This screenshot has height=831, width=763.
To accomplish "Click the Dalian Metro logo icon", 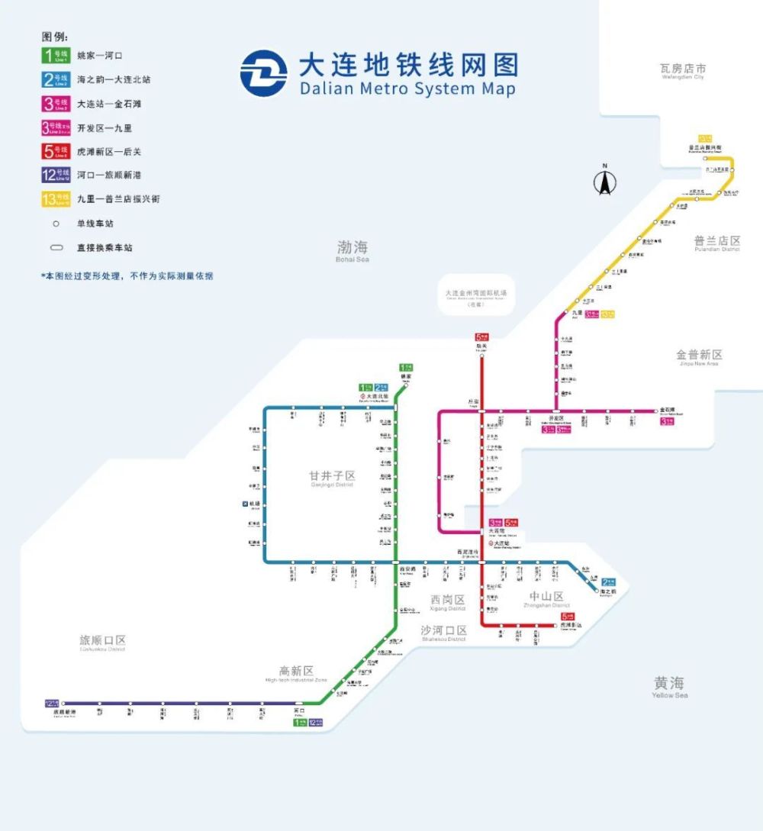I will pyautogui.click(x=264, y=73).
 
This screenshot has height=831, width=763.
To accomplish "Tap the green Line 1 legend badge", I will pyautogui.click(x=56, y=56).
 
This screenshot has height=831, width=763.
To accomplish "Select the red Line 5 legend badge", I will pyautogui.click(x=56, y=151).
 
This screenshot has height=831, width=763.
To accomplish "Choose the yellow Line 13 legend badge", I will pyautogui.click(x=56, y=198).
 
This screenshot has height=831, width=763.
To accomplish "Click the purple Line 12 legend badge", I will pyautogui.click(x=56, y=175).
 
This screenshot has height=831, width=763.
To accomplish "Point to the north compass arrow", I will pyautogui.click(x=605, y=182).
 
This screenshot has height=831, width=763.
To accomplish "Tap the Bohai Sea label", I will pyautogui.click(x=352, y=250).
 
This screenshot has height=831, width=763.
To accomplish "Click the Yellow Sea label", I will pyautogui.click(x=669, y=686).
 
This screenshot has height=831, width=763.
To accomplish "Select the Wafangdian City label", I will pyautogui.click(x=683, y=72).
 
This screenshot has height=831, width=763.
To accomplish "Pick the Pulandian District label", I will pyautogui.click(x=716, y=243).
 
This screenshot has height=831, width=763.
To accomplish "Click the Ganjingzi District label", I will pyautogui.click(x=332, y=478).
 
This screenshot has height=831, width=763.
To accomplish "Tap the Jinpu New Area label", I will pyautogui.click(x=699, y=357).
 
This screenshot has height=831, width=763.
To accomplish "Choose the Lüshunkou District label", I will pyautogui.click(x=102, y=643).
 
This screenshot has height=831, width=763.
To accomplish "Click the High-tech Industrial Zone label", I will pyautogui.click(x=296, y=674).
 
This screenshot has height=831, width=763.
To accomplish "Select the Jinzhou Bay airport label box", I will pyautogui.click(x=477, y=297).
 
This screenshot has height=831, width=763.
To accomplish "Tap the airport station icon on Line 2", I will pyautogui.click(x=245, y=504).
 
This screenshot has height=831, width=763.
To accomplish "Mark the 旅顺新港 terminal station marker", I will pyautogui.click(x=63, y=703).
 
